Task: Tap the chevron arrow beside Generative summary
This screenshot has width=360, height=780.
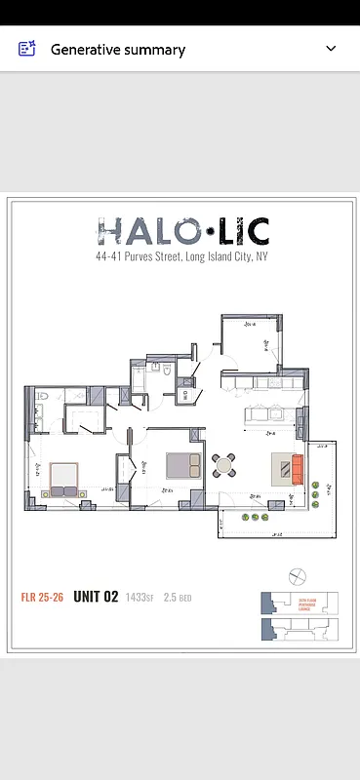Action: click(x=331, y=49)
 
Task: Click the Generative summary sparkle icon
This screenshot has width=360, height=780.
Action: click(x=27, y=49)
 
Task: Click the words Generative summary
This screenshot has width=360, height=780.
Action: click(x=117, y=49)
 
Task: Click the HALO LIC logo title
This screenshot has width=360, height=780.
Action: click(x=183, y=231)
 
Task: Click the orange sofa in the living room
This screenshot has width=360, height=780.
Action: click(x=297, y=469)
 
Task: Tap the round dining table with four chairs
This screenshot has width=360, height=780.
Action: click(x=223, y=465)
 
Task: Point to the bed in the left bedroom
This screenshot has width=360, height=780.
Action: click(x=64, y=476)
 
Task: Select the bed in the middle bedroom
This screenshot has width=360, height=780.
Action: click(x=181, y=464)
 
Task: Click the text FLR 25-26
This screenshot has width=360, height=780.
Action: click(x=42, y=597)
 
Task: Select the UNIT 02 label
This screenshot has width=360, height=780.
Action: click(x=96, y=597)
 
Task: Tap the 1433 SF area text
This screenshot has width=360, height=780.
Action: click(x=140, y=597)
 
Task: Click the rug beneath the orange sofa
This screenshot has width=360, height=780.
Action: click(x=284, y=469)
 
